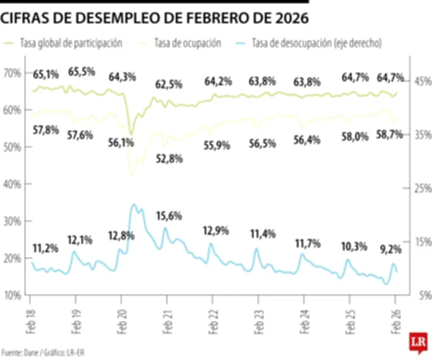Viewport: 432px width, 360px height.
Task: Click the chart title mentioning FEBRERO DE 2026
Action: [154, 18]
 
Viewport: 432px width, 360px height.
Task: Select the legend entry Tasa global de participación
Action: [70, 43]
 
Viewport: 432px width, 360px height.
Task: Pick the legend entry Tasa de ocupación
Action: [187, 43]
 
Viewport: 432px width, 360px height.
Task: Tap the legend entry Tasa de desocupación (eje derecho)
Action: [316, 43]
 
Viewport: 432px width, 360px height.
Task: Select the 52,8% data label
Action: [169, 158]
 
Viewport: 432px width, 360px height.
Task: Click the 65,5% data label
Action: [82, 71]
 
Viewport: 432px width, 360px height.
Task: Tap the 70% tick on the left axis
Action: [12, 72]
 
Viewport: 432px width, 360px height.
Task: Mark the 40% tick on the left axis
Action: [12, 184]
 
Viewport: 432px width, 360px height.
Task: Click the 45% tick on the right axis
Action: [423, 82]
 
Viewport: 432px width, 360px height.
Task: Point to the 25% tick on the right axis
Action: [423, 188]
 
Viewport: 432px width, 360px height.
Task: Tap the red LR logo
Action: [416, 342]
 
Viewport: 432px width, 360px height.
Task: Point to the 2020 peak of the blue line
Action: [134, 205]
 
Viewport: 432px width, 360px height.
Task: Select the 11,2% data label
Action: [45, 248]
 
